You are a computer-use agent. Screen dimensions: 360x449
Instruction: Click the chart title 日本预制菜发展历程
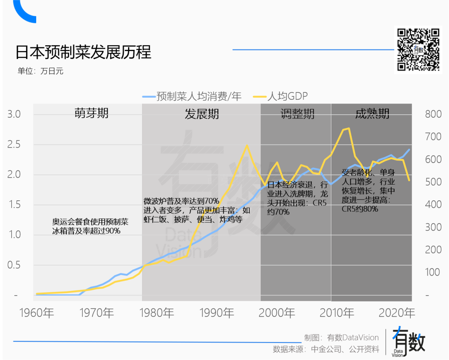83,52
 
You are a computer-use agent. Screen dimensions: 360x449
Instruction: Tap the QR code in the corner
417,49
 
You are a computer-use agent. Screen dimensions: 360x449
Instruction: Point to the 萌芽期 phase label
91,113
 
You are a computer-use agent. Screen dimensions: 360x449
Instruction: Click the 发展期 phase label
202,114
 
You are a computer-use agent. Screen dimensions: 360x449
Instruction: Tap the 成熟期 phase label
372,114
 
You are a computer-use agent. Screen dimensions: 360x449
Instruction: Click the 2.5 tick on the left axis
14,145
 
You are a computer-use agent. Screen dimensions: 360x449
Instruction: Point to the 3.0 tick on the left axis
14,114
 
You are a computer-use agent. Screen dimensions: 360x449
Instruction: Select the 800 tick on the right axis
433,114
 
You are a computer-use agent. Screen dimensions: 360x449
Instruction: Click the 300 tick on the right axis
433,227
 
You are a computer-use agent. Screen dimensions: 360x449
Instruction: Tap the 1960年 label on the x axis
37,313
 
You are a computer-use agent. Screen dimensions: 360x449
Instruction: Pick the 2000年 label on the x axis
277,313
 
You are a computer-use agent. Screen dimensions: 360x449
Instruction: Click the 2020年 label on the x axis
397,313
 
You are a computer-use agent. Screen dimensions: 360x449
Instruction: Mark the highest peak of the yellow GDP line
348,128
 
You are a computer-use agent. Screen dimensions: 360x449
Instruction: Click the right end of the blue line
410,149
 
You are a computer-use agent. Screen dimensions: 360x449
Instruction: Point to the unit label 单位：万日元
40,71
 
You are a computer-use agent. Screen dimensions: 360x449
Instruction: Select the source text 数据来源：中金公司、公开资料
326,349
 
